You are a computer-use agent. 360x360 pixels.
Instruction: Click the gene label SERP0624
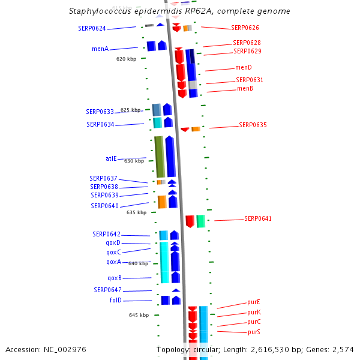92,28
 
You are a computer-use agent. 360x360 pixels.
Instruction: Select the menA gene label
100,49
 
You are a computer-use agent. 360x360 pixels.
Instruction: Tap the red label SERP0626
245,28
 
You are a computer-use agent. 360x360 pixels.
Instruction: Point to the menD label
244,68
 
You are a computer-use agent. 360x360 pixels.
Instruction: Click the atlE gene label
111,158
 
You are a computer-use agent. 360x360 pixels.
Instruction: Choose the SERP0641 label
257,218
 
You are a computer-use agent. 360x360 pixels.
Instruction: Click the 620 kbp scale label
127,59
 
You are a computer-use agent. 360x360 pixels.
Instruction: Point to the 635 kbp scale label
136,212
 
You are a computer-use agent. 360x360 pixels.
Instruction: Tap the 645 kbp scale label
139,315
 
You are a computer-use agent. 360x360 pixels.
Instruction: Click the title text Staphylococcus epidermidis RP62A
179,11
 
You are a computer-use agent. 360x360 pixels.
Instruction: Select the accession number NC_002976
46,349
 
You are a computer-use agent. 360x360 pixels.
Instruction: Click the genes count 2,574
343,349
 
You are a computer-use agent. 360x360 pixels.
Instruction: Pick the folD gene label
115,300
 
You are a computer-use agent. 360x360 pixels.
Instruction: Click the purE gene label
254,302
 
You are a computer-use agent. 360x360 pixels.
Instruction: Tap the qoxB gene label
115,278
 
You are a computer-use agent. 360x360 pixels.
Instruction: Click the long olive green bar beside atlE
159,157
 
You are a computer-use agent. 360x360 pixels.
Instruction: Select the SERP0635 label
253,125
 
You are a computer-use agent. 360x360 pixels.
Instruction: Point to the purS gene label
254,332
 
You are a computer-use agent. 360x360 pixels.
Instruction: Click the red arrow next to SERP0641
190,221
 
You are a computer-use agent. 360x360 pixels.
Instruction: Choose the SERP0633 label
100,112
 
